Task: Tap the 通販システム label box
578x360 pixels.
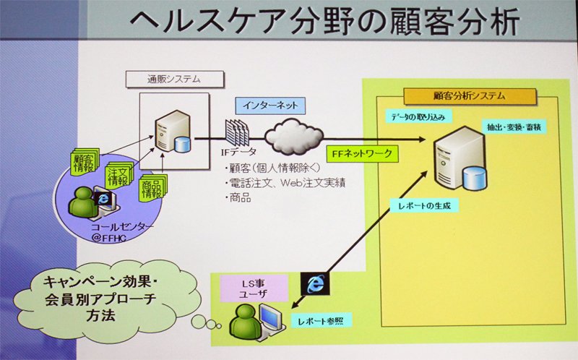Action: coord(175,80)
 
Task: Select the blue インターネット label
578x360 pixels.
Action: coord(270,106)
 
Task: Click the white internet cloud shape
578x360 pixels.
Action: coord(293,137)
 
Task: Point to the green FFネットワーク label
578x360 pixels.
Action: coord(362,153)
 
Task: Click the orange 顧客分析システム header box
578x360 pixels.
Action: coord(470,96)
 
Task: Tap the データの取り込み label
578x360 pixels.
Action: coord(418,117)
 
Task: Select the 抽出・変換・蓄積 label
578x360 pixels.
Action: coord(514,127)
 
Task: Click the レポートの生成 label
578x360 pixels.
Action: coord(424,205)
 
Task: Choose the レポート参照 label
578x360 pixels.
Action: coord(321,321)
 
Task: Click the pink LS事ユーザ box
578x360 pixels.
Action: coord(254,289)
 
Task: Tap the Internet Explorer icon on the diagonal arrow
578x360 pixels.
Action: coord(314,284)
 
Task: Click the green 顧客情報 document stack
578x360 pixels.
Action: coord(85,161)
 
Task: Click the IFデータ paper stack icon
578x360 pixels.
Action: coord(237,133)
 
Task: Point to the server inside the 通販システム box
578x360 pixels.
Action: coord(173,132)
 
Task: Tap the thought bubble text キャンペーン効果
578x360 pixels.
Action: coord(100,282)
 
